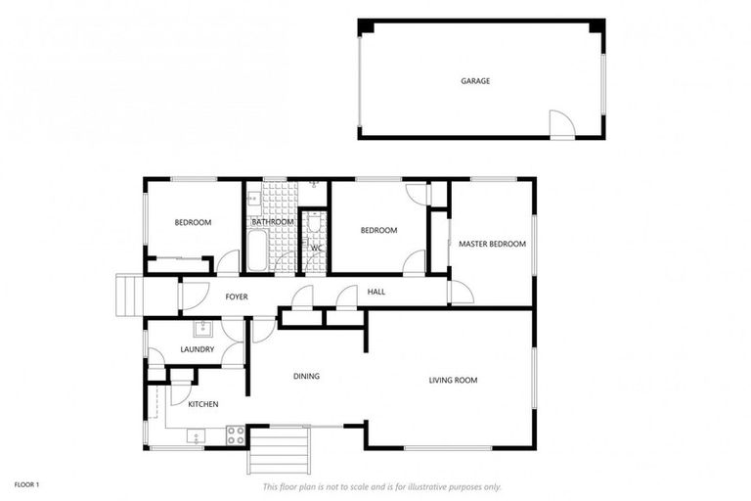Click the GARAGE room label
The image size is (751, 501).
point(475,81)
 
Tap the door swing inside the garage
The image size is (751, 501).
point(560,123)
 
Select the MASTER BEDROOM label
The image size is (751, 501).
point(493,244)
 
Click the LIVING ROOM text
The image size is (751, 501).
point(453,380)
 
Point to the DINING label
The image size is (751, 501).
point(307,377)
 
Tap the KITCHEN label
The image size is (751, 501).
point(202,404)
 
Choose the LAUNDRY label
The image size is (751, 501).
point(197,349)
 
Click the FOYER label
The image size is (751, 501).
point(237,296)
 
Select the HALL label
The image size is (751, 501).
point(376,292)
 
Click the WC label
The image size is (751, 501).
point(316,249)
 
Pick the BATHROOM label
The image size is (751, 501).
point(272,222)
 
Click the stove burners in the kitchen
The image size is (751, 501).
point(236,434)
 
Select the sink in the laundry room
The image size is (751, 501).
point(203,329)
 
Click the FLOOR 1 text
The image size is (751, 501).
point(25,484)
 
